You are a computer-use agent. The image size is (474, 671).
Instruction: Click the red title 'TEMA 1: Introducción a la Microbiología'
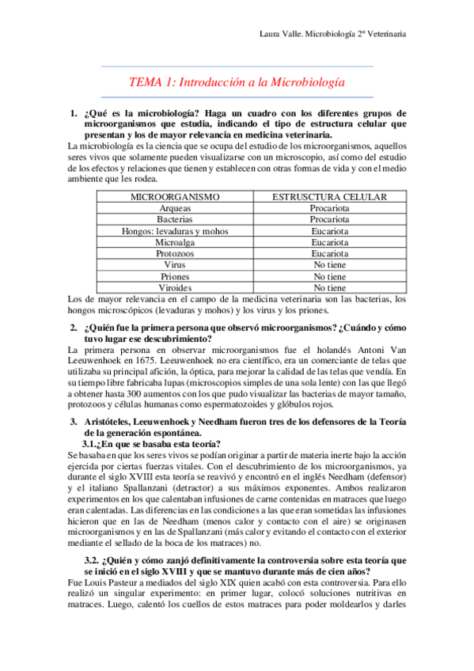(237, 82)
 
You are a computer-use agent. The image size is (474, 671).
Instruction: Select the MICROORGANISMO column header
(174, 195)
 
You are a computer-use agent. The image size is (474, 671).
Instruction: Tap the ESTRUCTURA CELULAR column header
(329, 195)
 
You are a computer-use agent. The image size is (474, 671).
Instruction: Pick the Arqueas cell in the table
(174, 207)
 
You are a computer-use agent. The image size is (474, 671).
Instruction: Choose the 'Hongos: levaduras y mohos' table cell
(174, 230)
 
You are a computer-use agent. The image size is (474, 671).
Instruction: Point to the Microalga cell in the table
(174, 242)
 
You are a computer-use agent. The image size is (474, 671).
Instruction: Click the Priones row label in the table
(174, 277)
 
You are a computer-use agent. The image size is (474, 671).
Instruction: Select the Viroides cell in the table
(174, 288)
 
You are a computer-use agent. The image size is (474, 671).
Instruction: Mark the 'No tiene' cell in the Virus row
(329, 265)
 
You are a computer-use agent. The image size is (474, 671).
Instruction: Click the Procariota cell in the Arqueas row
(329, 207)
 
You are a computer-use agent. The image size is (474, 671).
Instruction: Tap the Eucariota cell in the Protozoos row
(329, 253)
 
